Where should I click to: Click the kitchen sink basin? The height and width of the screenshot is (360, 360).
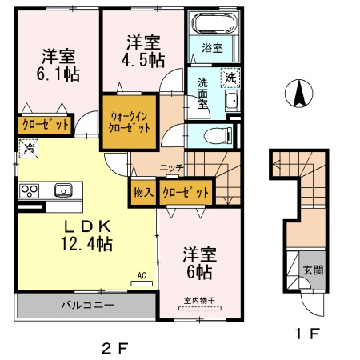(62, 190)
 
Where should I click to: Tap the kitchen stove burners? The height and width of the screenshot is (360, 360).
(30, 190)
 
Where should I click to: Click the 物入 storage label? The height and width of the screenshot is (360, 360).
(143, 192)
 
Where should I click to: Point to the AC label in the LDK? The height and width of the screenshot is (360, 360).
(142, 276)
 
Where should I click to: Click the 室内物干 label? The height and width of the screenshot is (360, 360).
(198, 301)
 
